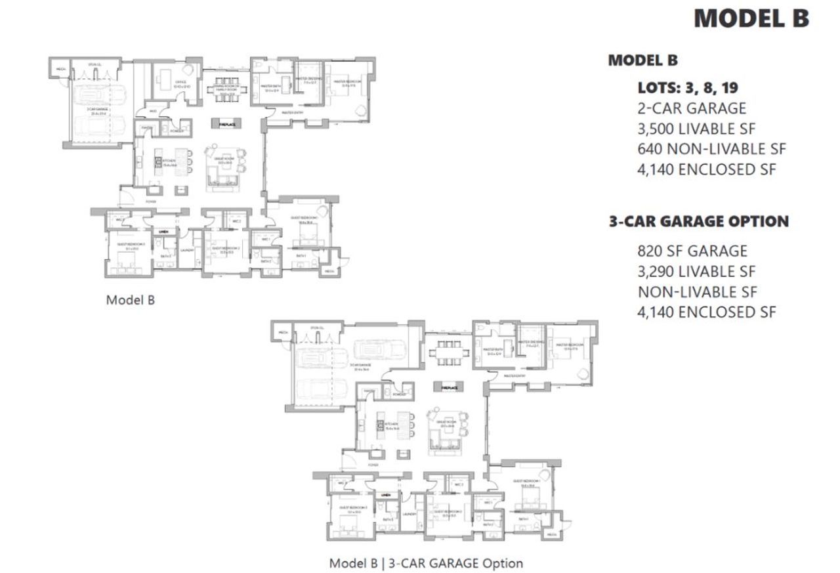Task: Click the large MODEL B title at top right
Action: pyautogui.click(x=751, y=18)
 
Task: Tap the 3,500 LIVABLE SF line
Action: pyautogui.click(x=696, y=128)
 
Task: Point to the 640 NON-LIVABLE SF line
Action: pyautogui.click(x=711, y=148)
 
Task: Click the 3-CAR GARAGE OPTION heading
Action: pyautogui.click(x=698, y=221)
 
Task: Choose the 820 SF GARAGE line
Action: pyautogui.click(x=692, y=251)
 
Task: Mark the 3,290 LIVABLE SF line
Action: pyautogui.click(x=696, y=271)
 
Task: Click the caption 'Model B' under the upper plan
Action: pyautogui.click(x=130, y=299)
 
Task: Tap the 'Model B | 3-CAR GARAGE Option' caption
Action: pyautogui.click(x=426, y=562)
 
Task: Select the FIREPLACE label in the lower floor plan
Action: pyautogui.click(x=449, y=388)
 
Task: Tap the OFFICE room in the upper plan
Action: pyautogui.click(x=173, y=84)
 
